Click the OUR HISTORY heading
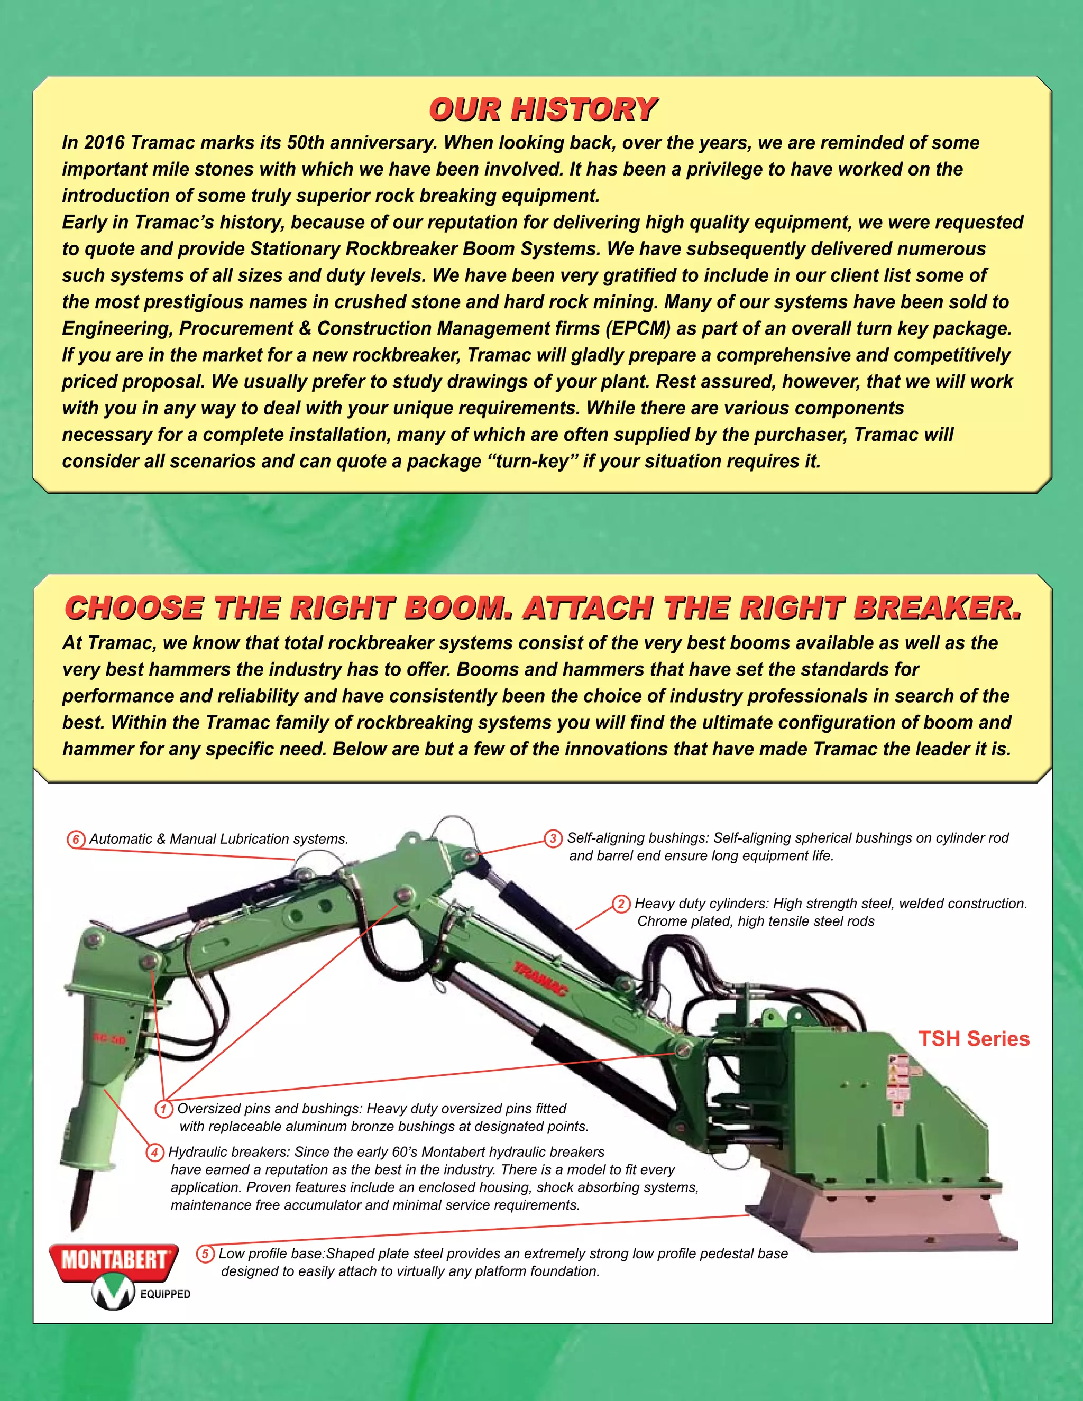point(543,109)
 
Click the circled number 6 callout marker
point(76,840)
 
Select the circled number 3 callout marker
point(553,838)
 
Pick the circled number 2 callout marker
point(620,905)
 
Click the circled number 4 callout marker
point(154,1153)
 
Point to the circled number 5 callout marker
point(205,1254)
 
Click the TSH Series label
point(974,1038)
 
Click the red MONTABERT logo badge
point(113,1260)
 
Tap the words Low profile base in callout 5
point(270,1254)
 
